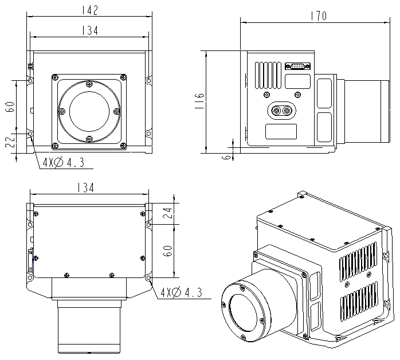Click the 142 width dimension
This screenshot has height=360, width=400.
click(90, 10)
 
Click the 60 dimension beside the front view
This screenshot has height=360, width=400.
click(10, 107)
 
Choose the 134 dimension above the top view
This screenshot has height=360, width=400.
click(90, 188)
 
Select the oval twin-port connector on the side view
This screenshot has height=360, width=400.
click(281, 110)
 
